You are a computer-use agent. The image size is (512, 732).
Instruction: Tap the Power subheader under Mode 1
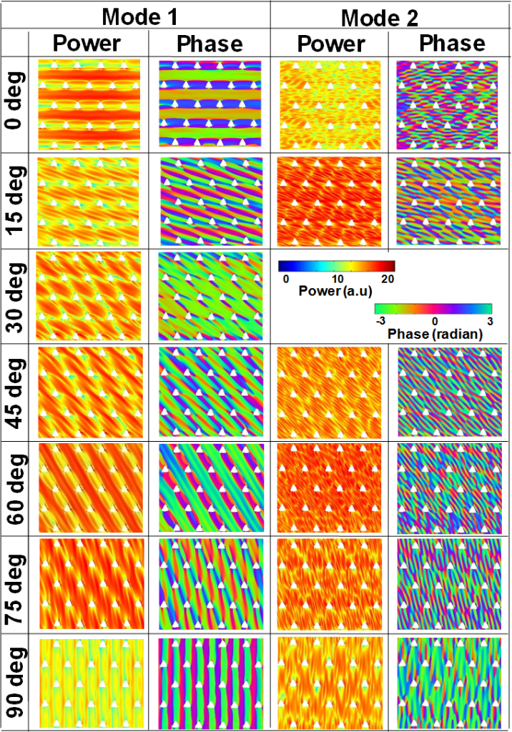[88, 44]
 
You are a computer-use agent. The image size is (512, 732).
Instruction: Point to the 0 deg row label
[14, 104]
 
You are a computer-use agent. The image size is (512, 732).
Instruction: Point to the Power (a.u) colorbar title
[336, 291]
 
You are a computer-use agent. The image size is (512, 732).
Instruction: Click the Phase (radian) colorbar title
[433, 334]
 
